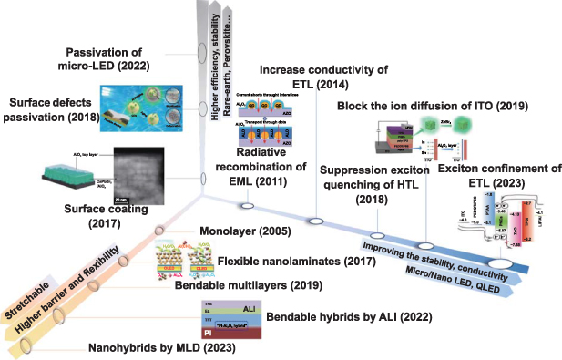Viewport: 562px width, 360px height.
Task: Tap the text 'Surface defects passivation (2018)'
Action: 49,106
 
